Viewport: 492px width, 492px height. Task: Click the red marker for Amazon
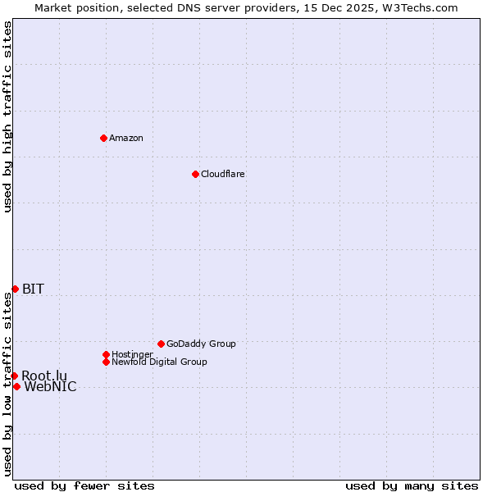(103, 138)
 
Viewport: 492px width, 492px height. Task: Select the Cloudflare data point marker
(195, 174)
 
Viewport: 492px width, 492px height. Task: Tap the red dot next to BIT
(15, 289)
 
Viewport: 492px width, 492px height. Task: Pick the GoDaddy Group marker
(161, 344)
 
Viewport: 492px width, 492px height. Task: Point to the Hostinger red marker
(106, 354)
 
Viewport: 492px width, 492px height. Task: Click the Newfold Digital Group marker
(106, 362)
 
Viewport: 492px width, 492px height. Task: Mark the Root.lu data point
(14, 376)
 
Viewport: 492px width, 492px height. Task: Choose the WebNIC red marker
(16, 386)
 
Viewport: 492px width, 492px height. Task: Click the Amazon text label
(126, 138)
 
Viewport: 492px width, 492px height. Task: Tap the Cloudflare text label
(223, 174)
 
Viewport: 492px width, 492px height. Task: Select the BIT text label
(33, 289)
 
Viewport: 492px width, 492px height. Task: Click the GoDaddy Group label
(201, 344)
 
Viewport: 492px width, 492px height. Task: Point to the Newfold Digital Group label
(160, 362)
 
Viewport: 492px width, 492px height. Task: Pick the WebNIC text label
(50, 387)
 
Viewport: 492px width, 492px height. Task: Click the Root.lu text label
(44, 376)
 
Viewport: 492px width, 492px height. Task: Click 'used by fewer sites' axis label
(84, 485)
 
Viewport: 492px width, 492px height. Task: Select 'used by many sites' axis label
(412, 485)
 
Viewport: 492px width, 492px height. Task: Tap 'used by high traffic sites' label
(7, 116)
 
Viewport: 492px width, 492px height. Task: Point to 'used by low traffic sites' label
(7, 384)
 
